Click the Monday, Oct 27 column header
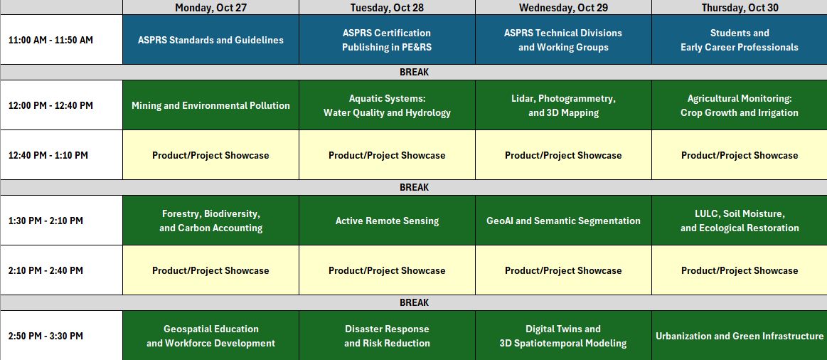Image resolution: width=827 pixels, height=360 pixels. [210, 7]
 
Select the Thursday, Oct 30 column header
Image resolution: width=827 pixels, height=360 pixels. [740, 7]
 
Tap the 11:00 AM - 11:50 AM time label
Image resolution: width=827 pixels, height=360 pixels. [50, 40]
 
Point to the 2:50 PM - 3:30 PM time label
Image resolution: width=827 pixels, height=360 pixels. [46, 337]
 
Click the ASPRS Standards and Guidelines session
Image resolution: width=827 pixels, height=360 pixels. [210, 40]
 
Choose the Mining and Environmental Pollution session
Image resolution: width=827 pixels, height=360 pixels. [210, 105]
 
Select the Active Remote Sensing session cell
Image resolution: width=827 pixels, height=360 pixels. [387, 221]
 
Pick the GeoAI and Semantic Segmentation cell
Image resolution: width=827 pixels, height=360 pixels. [563, 221]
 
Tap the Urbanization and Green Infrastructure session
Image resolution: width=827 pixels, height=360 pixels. [740, 336]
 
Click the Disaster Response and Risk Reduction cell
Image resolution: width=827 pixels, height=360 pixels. [387, 336]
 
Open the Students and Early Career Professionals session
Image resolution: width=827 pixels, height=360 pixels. [740, 40]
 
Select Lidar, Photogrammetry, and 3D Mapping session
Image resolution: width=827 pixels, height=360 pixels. [563, 105]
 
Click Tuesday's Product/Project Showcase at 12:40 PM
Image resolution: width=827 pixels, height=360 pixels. [387, 155]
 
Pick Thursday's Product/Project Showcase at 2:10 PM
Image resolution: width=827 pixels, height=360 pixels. [740, 270]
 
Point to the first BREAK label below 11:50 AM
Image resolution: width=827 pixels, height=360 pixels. [414, 73]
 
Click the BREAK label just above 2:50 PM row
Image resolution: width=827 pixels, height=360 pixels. [414, 303]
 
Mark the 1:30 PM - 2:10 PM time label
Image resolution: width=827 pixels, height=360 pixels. [46, 221]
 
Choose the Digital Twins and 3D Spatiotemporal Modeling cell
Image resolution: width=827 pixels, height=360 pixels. [563, 336]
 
